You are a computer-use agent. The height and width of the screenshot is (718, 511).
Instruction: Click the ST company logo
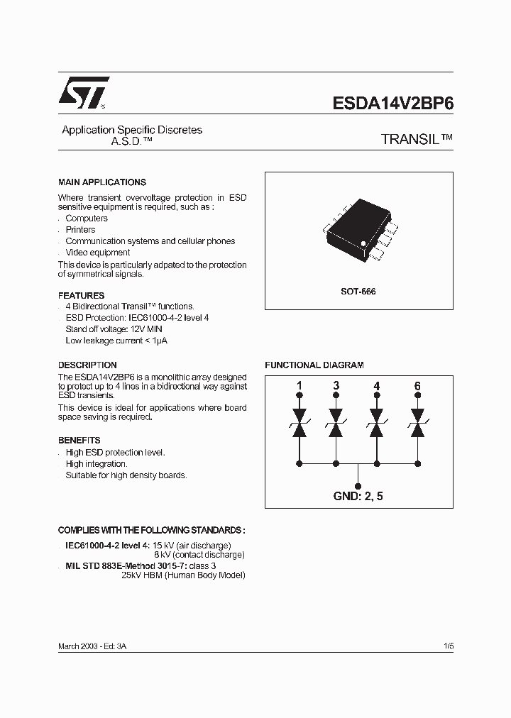pos(83,93)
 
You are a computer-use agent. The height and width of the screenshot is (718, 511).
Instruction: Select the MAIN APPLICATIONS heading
pos(101,182)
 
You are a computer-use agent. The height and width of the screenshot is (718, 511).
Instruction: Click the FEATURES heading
pos(81,295)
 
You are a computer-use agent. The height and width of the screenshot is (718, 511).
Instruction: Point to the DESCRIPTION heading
pos(87,365)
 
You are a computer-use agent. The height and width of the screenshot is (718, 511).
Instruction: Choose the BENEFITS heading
pos(79,440)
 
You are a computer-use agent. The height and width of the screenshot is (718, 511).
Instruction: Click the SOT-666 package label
pos(358,292)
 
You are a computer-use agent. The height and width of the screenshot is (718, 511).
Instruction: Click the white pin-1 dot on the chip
pos(363,244)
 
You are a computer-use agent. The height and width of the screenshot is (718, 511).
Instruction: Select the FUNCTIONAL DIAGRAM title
pos(314,365)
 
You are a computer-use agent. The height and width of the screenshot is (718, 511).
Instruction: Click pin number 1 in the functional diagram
pos(299,386)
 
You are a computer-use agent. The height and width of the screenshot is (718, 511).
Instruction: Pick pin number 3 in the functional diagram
pos(336,386)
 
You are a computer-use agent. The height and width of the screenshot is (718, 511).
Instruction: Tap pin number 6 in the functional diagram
pos(417,386)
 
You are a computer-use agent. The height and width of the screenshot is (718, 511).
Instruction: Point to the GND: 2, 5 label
pos(358,496)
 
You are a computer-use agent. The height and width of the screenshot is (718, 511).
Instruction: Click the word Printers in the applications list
pos(80,230)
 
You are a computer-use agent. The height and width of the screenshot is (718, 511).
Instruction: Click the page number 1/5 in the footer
pos(448,646)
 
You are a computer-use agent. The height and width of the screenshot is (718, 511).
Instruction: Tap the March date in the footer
pos(70,646)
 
